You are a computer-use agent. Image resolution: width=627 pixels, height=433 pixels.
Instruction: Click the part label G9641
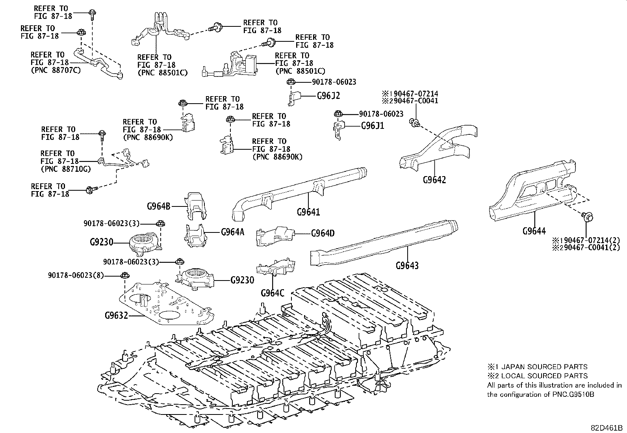tap(308, 212)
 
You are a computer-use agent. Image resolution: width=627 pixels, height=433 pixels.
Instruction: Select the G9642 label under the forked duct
tap(434, 180)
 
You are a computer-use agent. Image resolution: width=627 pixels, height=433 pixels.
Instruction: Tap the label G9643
tap(407, 265)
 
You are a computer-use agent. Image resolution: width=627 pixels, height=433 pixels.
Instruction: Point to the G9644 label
tap(534, 231)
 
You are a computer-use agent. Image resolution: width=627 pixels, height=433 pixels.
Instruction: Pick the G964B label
tap(159, 206)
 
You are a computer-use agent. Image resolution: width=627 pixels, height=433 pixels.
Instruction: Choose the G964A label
tap(232, 232)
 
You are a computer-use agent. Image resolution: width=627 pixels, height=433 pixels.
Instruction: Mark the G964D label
tap(323, 233)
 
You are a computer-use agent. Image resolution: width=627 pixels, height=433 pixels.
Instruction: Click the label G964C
tap(272, 293)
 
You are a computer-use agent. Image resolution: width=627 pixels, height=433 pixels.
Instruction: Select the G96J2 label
tap(328, 95)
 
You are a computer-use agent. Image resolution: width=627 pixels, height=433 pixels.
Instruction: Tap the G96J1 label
tap(373, 126)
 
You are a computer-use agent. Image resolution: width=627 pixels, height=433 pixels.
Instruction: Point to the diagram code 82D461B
tap(606, 427)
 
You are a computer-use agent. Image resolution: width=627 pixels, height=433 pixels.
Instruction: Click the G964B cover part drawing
tap(196, 204)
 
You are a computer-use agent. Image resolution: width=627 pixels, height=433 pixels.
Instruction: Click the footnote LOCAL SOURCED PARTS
tap(542, 376)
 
